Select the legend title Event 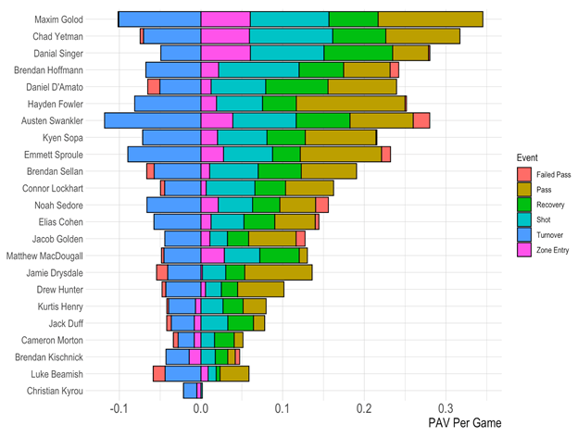coord(529,157)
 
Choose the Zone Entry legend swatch coord(525,253)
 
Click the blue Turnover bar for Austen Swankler coord(153,120)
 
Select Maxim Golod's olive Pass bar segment coord(430,19)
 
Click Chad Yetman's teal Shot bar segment coord(291,36)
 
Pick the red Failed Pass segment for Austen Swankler coord(421,120)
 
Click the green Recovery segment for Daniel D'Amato coord(296,86)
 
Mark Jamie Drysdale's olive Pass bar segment coord(278,272)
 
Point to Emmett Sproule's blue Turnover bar coord(164,154)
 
